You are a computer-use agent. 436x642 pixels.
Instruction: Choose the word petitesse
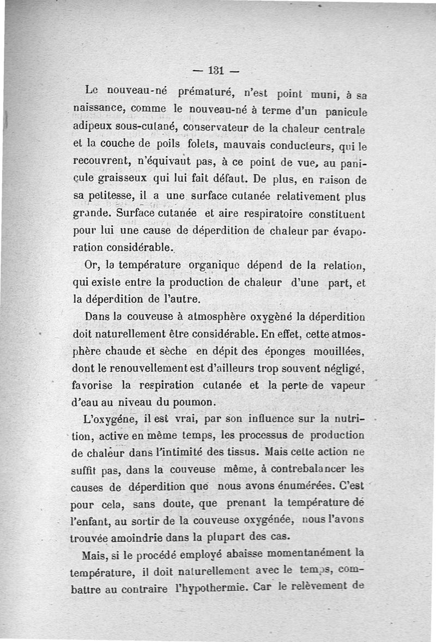(x=119, y=197)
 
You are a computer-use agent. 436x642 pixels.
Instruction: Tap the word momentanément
(x=308, y=554)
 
